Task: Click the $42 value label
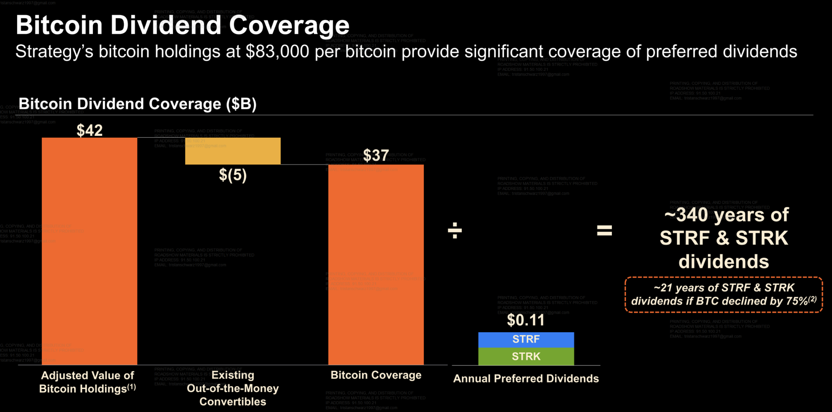[x=89, y=130]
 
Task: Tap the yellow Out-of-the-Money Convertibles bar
[x=233, y=151]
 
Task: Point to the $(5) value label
[x=233, y=175]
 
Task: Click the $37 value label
[x=376, y=155]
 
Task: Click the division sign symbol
[x=454, y=231]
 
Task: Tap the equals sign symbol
[x=604, y=231]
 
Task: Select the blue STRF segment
[x=526, y=340]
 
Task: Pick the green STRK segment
[x=526, y=357]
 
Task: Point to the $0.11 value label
[x=526, y=320]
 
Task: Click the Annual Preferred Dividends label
[x=526, y=379]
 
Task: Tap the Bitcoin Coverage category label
[x=376, y=375]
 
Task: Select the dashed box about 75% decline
[x=723, y=295]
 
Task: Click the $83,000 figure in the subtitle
[x=277, y=52]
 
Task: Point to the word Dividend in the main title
[x=166, y=25]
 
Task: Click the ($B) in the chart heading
[x=241, y=104]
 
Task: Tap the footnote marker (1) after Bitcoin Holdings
[x=131, y=387]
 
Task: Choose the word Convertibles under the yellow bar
[x=233, y=402]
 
